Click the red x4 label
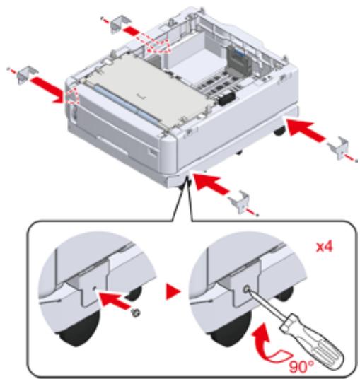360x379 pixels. tap(325, 247)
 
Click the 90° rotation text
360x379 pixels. tap(301, 367)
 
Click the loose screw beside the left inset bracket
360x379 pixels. tap(136, 313)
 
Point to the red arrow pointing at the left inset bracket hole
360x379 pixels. tap(114, 300)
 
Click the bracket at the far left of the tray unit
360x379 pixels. tap(27, 74)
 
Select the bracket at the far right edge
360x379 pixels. tap(339, 148)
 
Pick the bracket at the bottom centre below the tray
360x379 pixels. tap(239, 202)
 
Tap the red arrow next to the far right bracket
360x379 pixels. tap(306, 130)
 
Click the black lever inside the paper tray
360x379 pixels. tap(227, 98)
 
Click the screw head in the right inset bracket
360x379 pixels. tap(246, 288)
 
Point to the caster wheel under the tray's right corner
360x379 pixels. tap(279, 131)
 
